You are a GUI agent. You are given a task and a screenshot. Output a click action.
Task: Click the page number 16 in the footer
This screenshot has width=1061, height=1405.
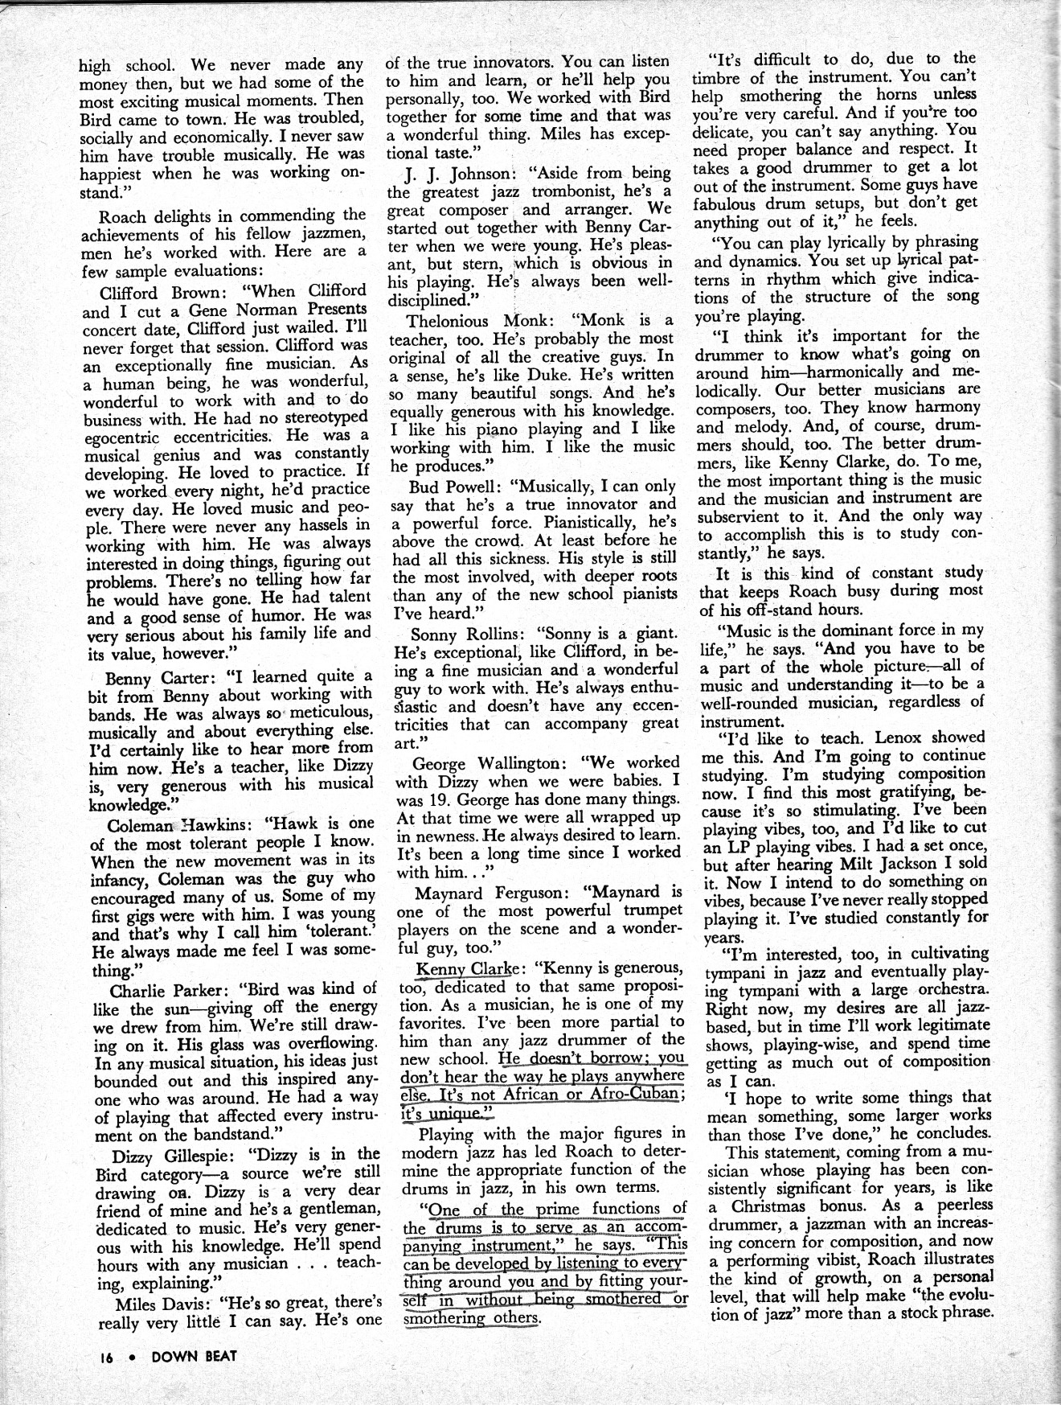pyautogui.click(x=107, y=1356)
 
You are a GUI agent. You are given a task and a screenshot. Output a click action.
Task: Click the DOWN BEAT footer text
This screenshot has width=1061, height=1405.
pyautogui.click(x=195, y=1356)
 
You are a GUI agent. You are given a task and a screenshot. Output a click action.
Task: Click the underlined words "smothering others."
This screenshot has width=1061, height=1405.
pyautogui.click(x=470, y=1317)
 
